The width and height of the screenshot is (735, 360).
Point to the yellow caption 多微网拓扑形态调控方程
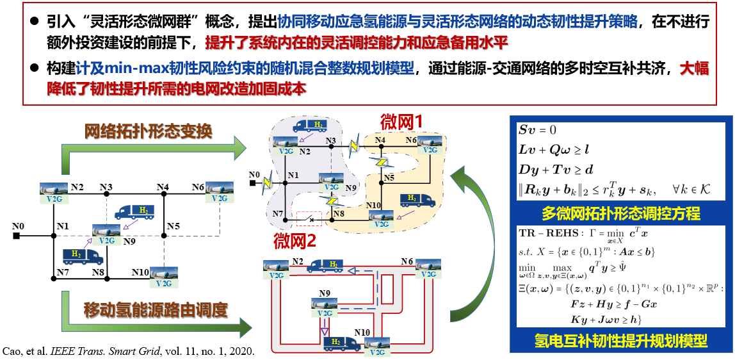tap(620, 212)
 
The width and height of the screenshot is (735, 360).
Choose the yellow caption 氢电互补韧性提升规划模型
tap(620, 340)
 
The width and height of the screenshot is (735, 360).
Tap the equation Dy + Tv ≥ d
tap(558, 170)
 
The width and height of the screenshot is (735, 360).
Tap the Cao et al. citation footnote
tap(129, 352)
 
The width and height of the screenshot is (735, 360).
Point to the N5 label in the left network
tap(174, 226)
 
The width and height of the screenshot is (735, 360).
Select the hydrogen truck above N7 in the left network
tap(83, 256)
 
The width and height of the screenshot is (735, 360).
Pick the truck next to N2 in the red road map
tap(325, 266)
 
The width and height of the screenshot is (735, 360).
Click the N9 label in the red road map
tap(325, 293)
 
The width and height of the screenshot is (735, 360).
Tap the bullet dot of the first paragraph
tap(36, 22)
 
